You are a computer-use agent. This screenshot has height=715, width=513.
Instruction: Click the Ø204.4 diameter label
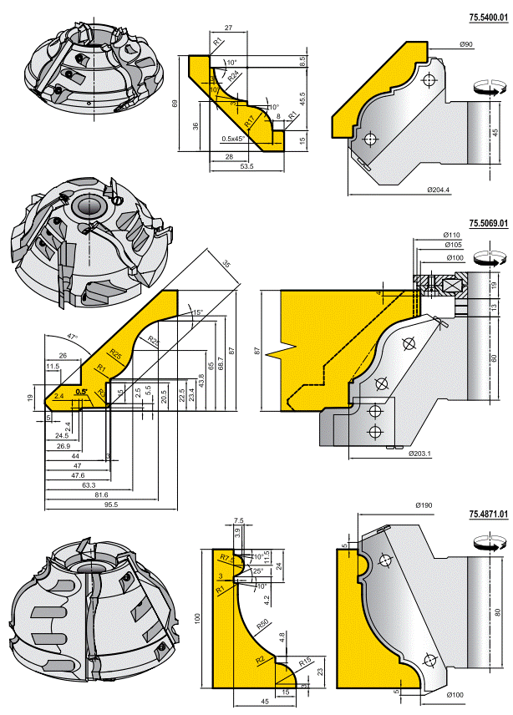pos(438,190)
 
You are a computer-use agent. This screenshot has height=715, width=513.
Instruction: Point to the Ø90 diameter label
pos(466,43)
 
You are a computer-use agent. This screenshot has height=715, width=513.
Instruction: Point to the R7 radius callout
pos(224,556)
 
